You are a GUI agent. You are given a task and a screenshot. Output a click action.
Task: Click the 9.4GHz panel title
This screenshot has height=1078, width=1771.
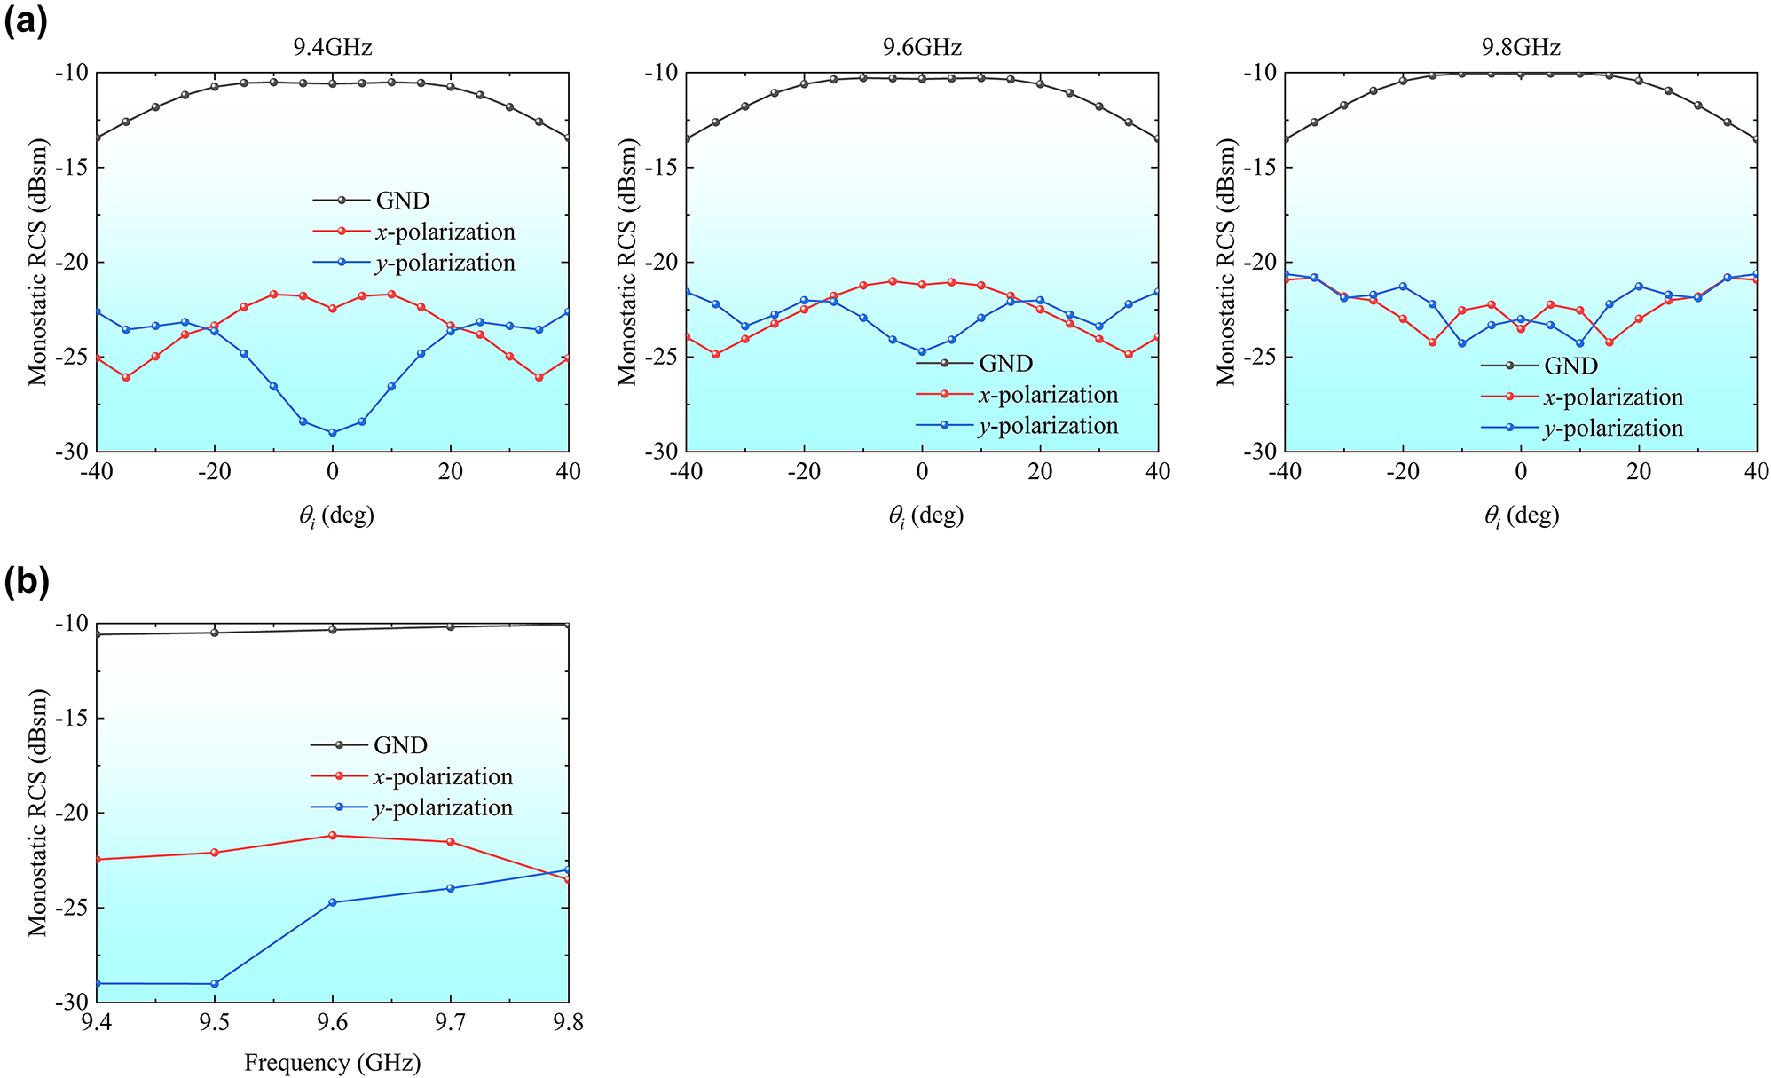tap(332, 47)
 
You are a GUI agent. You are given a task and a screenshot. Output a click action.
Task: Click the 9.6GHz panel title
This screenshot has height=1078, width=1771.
tap(922, 47)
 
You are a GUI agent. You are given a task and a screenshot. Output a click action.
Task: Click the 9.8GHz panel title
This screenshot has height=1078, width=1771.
tap(1521, 47)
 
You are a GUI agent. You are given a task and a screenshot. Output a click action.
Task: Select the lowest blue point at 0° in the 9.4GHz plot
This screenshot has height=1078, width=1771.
tap(333, 433)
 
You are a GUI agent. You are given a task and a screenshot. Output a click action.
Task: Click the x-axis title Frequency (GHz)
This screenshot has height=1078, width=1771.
tap(332, 1062)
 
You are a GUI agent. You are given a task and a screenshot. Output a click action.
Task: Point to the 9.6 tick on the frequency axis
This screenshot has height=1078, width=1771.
tap(333, 1023)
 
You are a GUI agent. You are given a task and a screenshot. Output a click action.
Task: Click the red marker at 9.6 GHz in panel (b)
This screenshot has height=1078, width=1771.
tap(333, 835)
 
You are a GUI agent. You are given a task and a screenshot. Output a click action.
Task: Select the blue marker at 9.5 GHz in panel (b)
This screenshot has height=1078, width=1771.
tap(214, 984)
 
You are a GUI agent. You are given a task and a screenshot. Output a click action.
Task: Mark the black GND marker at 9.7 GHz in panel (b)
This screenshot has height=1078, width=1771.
tap(451, 626)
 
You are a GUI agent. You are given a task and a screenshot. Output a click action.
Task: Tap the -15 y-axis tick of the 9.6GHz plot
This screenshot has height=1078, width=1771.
tap(660, 167)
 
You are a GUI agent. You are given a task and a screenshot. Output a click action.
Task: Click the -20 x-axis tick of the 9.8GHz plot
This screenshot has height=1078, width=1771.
tap(1403, 471)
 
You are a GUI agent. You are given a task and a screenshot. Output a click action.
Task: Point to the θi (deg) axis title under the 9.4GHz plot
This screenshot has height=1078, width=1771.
tap(335, 515)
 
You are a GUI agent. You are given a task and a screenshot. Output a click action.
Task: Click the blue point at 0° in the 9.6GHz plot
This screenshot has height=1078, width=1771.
tap(922, 352)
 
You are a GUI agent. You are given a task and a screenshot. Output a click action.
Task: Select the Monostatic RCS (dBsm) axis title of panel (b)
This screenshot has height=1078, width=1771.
tap(37, 812)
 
